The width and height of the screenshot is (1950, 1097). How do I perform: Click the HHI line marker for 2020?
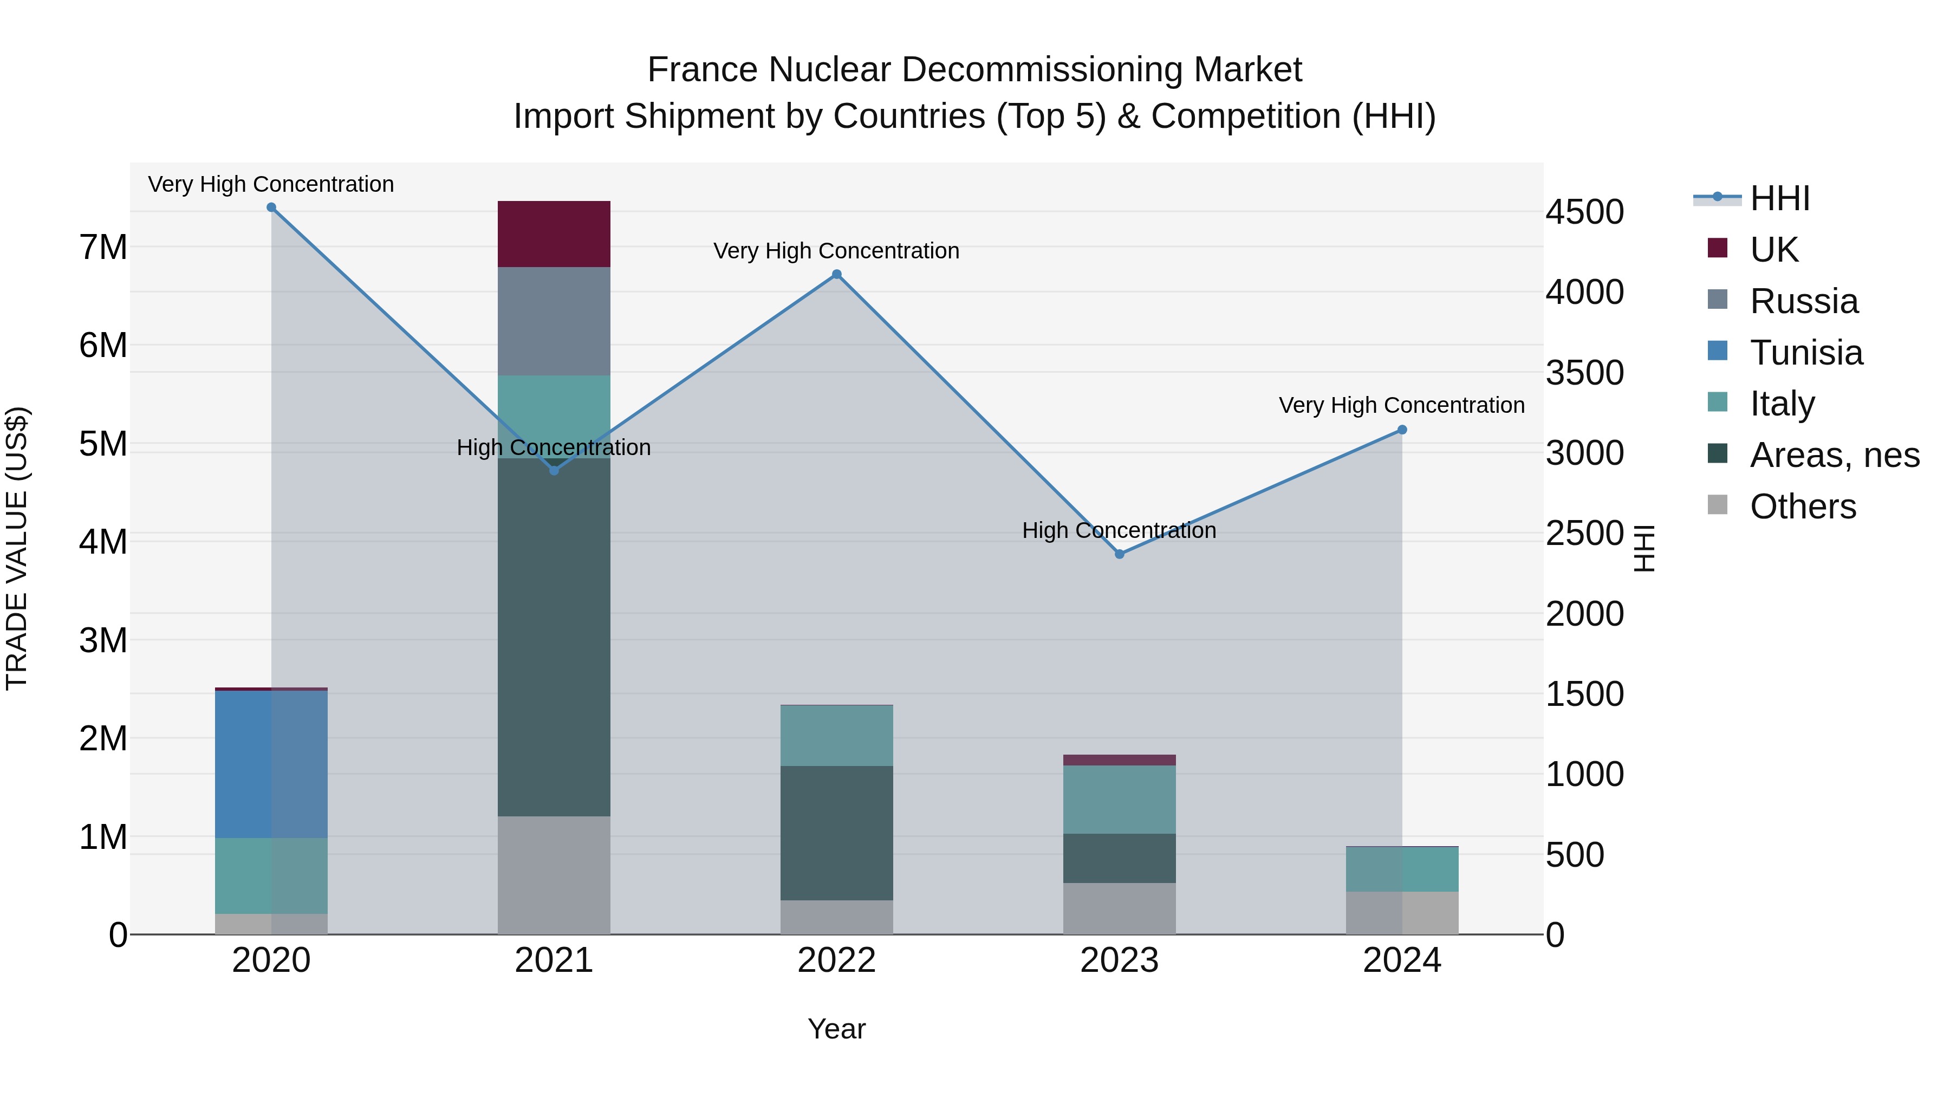pos(271,207)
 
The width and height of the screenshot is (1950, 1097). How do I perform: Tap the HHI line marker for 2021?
pos(554,471)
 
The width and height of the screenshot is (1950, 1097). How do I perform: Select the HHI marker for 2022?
pos(836,275)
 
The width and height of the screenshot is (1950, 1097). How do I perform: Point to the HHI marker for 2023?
pos(1120,554)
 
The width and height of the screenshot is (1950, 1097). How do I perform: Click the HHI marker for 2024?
pos(1402,430)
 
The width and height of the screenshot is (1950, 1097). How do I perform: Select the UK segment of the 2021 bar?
pos(554,234)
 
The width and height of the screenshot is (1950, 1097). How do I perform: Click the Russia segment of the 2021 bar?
pos(554,321)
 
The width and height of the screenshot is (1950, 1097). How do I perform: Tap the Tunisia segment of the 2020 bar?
pos(271,764)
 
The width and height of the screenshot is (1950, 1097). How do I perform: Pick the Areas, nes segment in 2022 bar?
pos(836,833)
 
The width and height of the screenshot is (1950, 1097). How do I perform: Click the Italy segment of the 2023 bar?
pos(1120,800)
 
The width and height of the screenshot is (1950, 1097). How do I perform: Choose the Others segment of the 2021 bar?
pos(554,875)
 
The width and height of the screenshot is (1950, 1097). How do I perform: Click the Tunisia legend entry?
pos(1805,353)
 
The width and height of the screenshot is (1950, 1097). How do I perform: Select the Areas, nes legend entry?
pos(1834,455)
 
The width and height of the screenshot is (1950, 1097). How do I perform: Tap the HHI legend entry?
pos(1779,198)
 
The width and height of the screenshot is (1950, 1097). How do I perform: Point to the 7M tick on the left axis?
pos(103,247)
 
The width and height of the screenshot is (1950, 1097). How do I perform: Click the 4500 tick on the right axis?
pos(1584,212)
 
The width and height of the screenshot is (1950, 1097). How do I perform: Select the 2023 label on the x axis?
pos(1120,960)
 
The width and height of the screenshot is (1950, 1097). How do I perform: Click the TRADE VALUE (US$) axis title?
pos(17,548)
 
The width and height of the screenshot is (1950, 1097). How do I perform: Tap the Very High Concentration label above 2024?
pos(1402,405)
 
